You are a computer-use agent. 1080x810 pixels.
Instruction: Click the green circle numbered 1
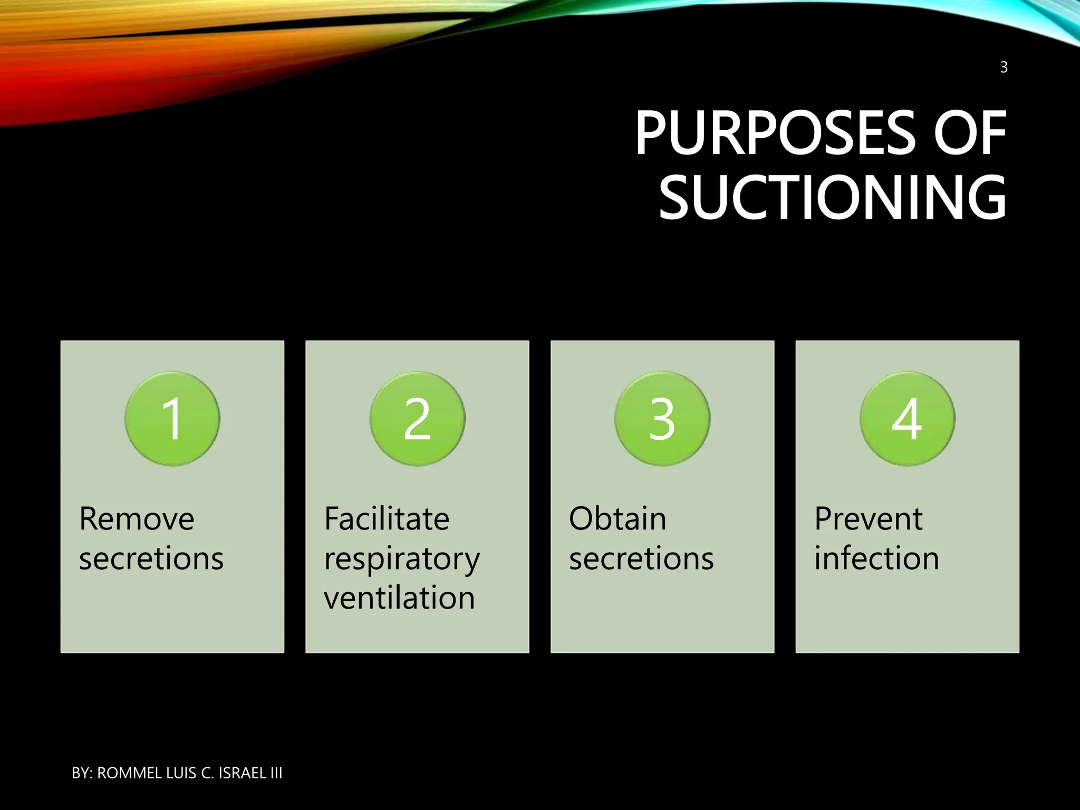click(172, 419)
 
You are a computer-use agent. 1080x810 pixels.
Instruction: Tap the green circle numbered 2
click(417, 419)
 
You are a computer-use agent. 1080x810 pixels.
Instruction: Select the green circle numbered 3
click(662, 419)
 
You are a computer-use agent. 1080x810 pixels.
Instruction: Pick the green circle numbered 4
click(907, 419)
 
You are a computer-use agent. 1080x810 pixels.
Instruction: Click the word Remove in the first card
click(137, 519)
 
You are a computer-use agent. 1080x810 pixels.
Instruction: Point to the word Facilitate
click(387, 519)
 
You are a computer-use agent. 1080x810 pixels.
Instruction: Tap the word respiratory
click(402, 560)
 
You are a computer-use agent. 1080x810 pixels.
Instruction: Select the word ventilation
click(399, 598)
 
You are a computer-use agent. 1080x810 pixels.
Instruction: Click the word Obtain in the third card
click(618, 519)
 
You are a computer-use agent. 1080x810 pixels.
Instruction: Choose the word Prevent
click(868, 519)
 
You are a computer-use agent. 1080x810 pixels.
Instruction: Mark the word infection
click(876, 558)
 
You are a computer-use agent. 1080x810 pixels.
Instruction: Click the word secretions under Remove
click(151, 558)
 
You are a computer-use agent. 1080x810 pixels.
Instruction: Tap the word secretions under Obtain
click(641, 558)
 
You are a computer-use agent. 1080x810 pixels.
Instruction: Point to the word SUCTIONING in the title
click(833, 198)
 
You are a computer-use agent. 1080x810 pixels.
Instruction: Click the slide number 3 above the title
click(1004, 67)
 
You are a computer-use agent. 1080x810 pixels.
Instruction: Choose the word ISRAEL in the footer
click(242, 773)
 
